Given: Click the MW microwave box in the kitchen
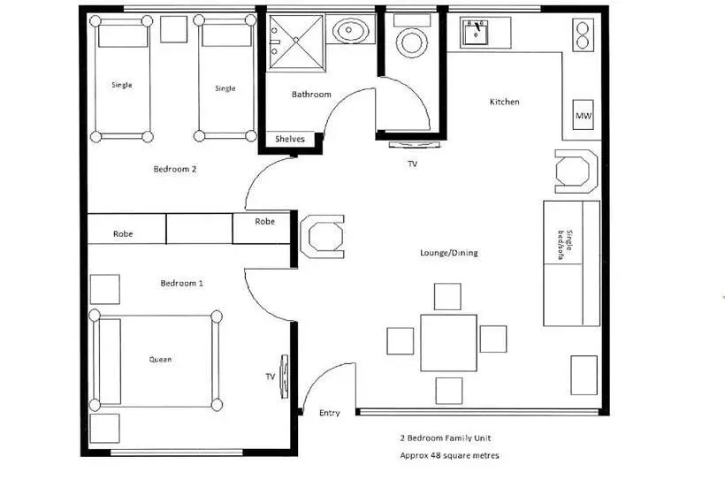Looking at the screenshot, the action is click(583, 115).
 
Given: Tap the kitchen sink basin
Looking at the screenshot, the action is click(477, 32).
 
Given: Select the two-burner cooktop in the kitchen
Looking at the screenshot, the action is click(583, 35).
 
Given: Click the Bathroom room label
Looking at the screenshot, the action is click(311, 95).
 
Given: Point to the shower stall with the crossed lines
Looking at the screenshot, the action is click(296, 42).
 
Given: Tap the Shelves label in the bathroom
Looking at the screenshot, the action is click(290, 139).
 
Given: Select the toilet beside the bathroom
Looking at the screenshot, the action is click(411, 36).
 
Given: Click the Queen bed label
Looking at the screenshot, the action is click(160, 360).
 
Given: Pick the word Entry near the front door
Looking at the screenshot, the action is click(330, 413).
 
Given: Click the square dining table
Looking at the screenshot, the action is click(448, 342).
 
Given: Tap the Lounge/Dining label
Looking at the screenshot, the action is click(449, 253).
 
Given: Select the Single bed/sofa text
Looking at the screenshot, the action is click(565, 245).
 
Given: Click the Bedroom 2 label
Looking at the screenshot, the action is click(175, 169).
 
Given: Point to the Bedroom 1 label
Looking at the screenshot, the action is click(182, 284).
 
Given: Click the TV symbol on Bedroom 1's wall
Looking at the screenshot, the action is click(284, 376).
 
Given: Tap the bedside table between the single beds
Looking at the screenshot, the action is click(174, 29).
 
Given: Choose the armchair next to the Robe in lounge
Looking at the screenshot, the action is click(323, 236).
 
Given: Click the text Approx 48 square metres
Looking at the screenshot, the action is click(449, 456).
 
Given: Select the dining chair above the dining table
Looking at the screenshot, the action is click(447, 297).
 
